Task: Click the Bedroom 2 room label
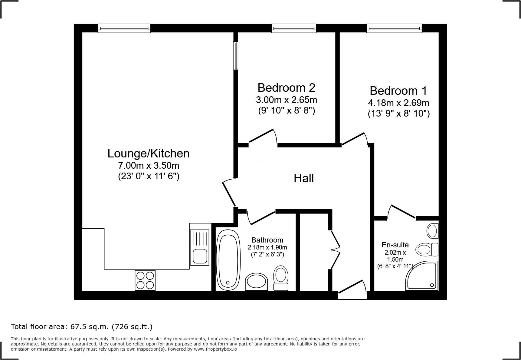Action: pyautogui.click(x=286, y=88)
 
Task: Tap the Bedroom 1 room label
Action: pyautogui.click(x=398, y=91)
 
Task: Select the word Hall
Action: pyautogui.click(x=304, y=178)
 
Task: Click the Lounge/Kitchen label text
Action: pyautogui.click(x=149, y=154)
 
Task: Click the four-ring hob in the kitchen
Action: pyautogui.click(x=145, y=280)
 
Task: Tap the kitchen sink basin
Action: pyautogui.click(x=200, y=256)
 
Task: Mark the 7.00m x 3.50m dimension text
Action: pyautogui.click(x=149, y=166)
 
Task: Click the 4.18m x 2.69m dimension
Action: pyautogui.click(x=398, y=103)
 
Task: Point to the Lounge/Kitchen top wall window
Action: pyautogui.click(x=124, y=28)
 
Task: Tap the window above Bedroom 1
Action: pyautogui.click(x=394, y=28)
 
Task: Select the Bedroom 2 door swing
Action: pyautogui.click(x=263, y=136)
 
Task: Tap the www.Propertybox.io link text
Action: pyautogui.click(x=215, y=349)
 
